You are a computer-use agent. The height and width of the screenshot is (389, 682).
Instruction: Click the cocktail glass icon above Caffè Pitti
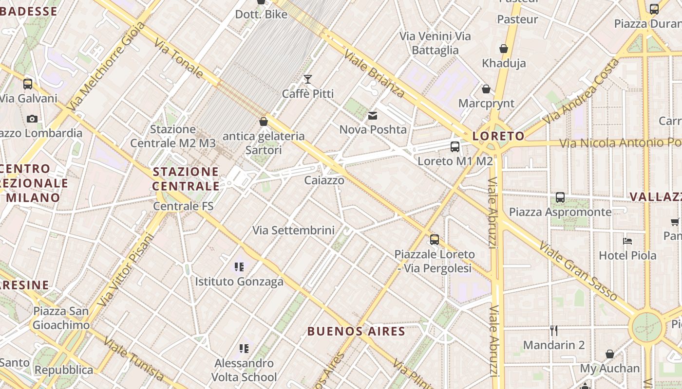point(308,79)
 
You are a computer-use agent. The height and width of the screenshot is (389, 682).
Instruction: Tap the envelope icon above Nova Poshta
point(373,116)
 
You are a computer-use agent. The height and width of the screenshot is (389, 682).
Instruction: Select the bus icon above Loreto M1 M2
point(455,146)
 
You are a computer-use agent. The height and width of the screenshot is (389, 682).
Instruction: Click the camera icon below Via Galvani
point(32,119)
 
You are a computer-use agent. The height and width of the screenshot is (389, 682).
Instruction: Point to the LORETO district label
point(498,136)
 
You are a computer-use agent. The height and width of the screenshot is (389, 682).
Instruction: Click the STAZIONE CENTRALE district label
point(186,179)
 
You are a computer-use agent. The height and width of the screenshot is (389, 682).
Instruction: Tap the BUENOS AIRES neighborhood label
point(356,332)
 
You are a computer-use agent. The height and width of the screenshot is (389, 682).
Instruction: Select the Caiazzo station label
point(324,180)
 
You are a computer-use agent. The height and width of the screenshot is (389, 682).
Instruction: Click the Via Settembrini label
point(293,230)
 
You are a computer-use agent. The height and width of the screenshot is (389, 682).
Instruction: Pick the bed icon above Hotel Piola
point(627,241)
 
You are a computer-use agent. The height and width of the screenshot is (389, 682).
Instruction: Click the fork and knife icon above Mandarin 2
point(553,331)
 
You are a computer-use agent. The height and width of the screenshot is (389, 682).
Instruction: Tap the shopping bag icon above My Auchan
point(610,354)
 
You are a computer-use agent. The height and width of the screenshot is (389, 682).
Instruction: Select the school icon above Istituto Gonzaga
point(239,266)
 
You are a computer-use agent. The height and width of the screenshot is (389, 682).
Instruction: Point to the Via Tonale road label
point(179,59)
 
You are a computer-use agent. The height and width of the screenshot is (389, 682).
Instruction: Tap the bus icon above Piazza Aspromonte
point(560,197)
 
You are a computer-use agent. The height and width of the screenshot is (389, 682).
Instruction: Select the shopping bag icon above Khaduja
point(504,49)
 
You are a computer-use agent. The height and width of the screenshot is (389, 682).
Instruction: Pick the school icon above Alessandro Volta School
point(244,348)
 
